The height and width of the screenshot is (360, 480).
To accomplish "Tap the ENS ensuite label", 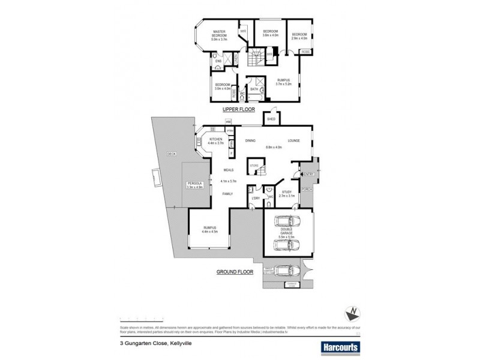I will (218, 61).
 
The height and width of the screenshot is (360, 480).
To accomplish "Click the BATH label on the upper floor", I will (254, 89).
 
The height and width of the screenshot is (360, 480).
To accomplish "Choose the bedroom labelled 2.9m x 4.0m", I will (299, 37).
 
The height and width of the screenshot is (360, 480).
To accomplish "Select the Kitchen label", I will (216, 141).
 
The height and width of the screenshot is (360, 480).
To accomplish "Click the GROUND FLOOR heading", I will (235, 271).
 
